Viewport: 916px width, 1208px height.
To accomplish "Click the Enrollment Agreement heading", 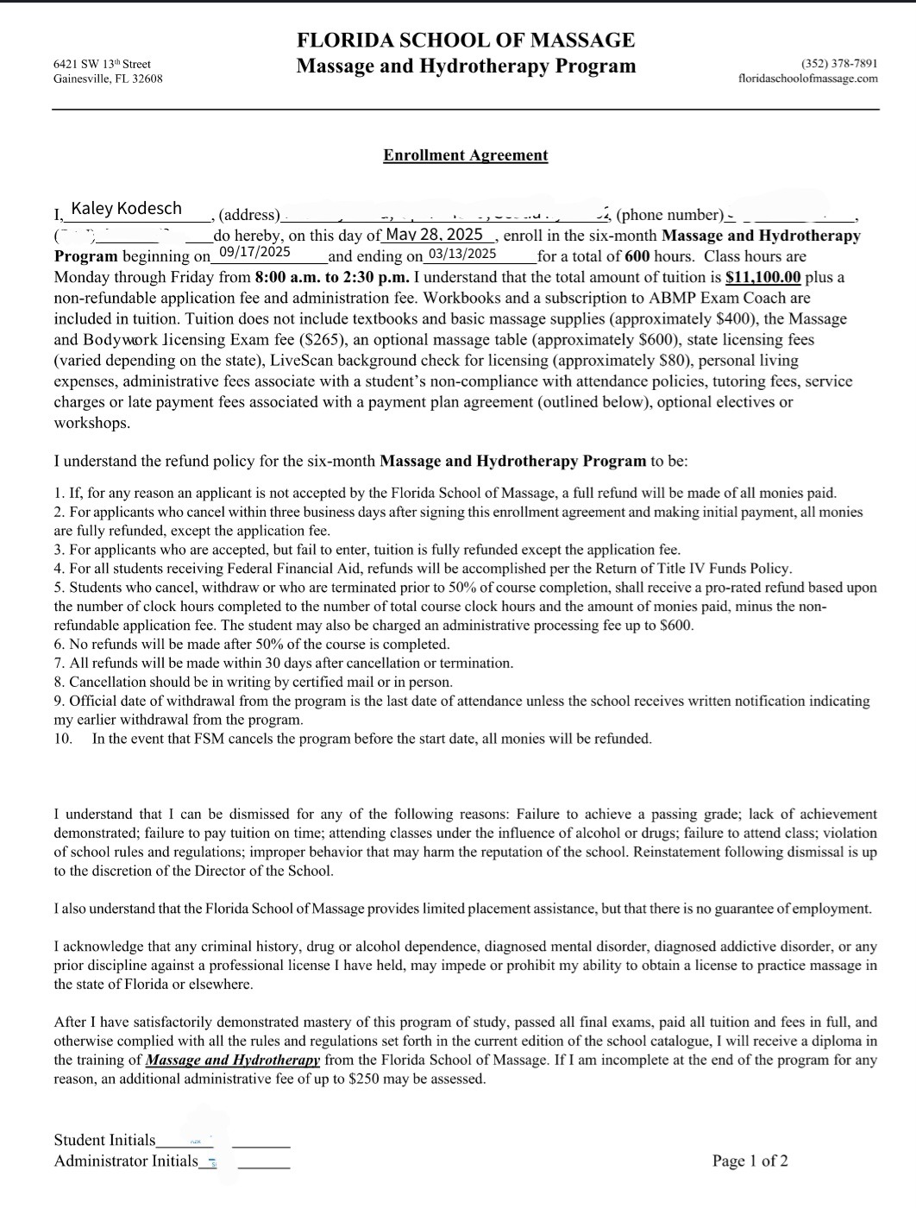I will coord(466,155).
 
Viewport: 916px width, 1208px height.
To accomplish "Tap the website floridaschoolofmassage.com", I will coord(808,79).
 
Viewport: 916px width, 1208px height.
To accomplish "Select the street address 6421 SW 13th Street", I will coord(102,63).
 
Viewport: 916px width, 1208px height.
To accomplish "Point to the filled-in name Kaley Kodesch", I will coord(127,208).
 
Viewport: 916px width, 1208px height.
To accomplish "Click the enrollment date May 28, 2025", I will coord(434,234).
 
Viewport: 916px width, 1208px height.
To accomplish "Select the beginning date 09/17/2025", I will coord(254,252).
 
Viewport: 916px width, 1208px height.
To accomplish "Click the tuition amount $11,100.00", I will coord(763,277).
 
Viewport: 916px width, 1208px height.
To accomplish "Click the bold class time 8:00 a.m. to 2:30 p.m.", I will coord(332,277).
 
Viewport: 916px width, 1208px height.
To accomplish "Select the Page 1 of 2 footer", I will coord(750,1161).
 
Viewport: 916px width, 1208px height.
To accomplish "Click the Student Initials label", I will coord(105,1140).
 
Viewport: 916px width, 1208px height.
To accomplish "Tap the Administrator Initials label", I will coord(126,1161).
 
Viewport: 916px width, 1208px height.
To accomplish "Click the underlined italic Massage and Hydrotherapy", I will coord(233,1060).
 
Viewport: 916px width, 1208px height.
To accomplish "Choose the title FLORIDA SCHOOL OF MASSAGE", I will coord(466,41).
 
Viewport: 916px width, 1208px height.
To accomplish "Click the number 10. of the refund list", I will coord(63,739).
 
